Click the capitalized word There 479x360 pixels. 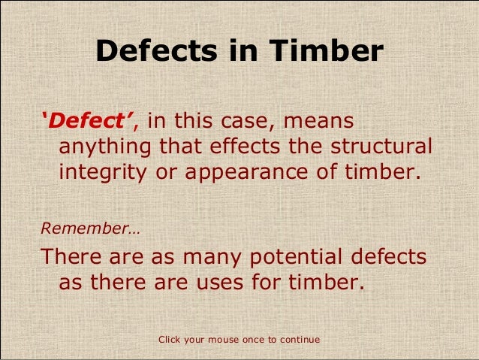tap(76, 257)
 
